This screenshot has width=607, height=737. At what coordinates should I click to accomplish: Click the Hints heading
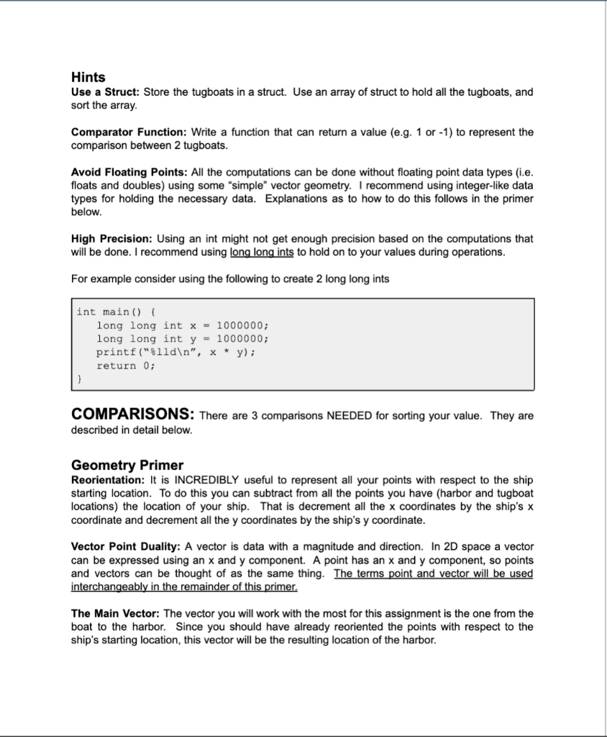[x=88, y=77]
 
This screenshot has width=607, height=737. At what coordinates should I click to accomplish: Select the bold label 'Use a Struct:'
[x=106, y=92]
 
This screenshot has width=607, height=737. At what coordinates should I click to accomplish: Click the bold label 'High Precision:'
[x=111, y=238]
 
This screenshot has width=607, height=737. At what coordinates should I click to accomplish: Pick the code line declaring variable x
[x=183, y=325]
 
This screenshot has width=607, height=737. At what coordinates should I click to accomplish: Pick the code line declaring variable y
[x=183, y=338]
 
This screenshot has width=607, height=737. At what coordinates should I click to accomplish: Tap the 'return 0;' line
[x=126, y=366]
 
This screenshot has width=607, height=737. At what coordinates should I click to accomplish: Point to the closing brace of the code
[x=80, y=379]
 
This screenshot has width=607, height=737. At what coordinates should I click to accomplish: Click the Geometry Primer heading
[x=127, y=465]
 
